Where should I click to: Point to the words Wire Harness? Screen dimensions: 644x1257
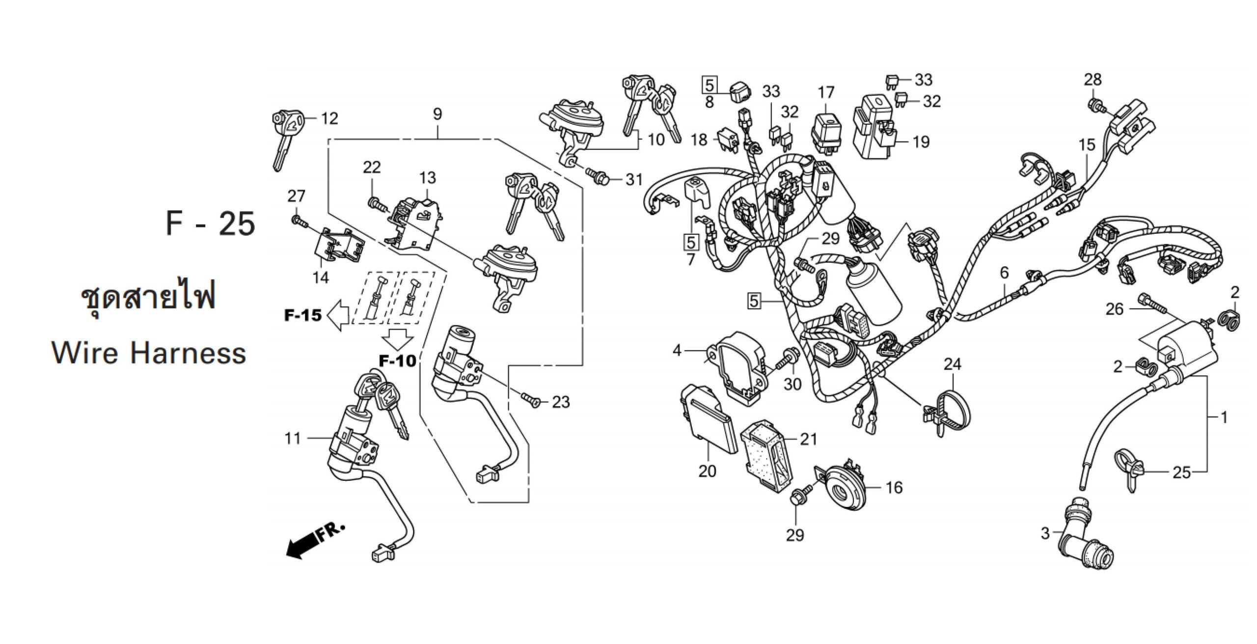[x=149, y=353]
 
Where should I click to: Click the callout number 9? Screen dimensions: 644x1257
[x=437, y=114]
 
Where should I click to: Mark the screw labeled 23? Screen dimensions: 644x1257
[x=531, y=400]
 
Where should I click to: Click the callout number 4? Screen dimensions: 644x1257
[x=677, y=350]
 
